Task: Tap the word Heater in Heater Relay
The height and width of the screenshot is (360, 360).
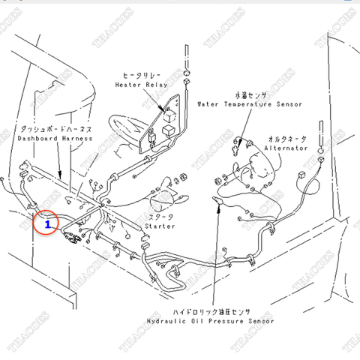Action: pos(126,85)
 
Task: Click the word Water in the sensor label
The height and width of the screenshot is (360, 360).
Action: pos(208,104)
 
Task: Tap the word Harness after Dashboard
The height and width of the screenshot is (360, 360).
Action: pos(77,139)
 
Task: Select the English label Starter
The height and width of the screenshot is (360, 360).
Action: pos(160,225)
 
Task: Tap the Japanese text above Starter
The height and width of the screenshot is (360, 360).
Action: pos(160,216)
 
